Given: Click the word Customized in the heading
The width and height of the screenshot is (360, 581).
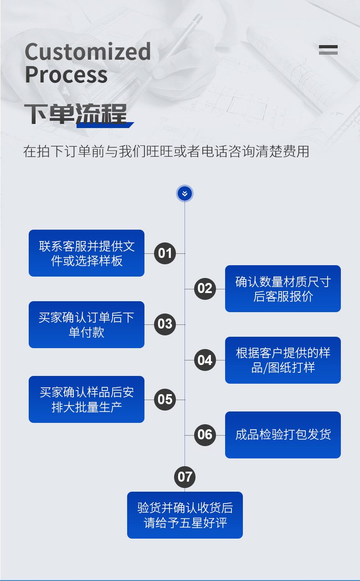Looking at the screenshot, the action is pyautogui.click(x=87, y=52).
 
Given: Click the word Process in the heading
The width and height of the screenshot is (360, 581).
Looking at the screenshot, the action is pyautogui.click(x=66, y=74).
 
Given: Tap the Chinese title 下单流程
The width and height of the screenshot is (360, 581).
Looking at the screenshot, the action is pyautogui.click(x=76, y=114).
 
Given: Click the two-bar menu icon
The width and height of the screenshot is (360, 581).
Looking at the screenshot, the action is pyautogui.click(x=328, y=50).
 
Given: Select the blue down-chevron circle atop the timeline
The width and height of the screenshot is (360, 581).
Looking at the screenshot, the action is pyautogui.click(x=185, y=194).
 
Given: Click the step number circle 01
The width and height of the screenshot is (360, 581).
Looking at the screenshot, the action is pyautogui.click(x=165, y=253).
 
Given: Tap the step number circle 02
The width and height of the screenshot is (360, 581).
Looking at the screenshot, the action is pyautogui.click(x=205, y=288).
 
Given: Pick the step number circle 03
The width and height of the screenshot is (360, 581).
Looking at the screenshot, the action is pyautogui.click(x=165, y=324).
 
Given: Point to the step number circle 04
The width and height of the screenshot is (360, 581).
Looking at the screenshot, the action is pyautogui.click(x=205, y=360).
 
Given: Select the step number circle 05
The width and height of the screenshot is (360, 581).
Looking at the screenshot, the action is pyautogui.click(x=165, y=400).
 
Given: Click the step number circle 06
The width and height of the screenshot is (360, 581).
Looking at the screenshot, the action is pyautogui.click(x=205, y=435).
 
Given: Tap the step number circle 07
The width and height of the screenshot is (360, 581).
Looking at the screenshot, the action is pyautogui.click(x=185, y=477).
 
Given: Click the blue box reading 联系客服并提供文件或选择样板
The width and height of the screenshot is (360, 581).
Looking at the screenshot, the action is pyautogui.click(x=87, y=253).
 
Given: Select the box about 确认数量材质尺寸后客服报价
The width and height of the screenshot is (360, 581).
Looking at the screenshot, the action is pyautogui.click(x=283, y=289).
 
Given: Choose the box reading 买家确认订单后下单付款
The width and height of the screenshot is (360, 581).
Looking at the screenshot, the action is pyautogui.click(x=87, y=324).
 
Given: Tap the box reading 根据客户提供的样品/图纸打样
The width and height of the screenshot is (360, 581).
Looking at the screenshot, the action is pyautogui.click(x=283, y=360).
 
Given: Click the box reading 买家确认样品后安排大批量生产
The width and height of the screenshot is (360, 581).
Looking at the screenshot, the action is pyautogui.click(x=87, y=399).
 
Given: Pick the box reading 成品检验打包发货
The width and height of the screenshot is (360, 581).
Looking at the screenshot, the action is pyautogui.click(x=283, y=435).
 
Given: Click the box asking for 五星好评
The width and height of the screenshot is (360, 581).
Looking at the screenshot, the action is pyautogui.click(x=185, y=515).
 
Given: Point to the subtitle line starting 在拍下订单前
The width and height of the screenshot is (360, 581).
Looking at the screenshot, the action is pyautogui.click(x=166, y=151).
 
